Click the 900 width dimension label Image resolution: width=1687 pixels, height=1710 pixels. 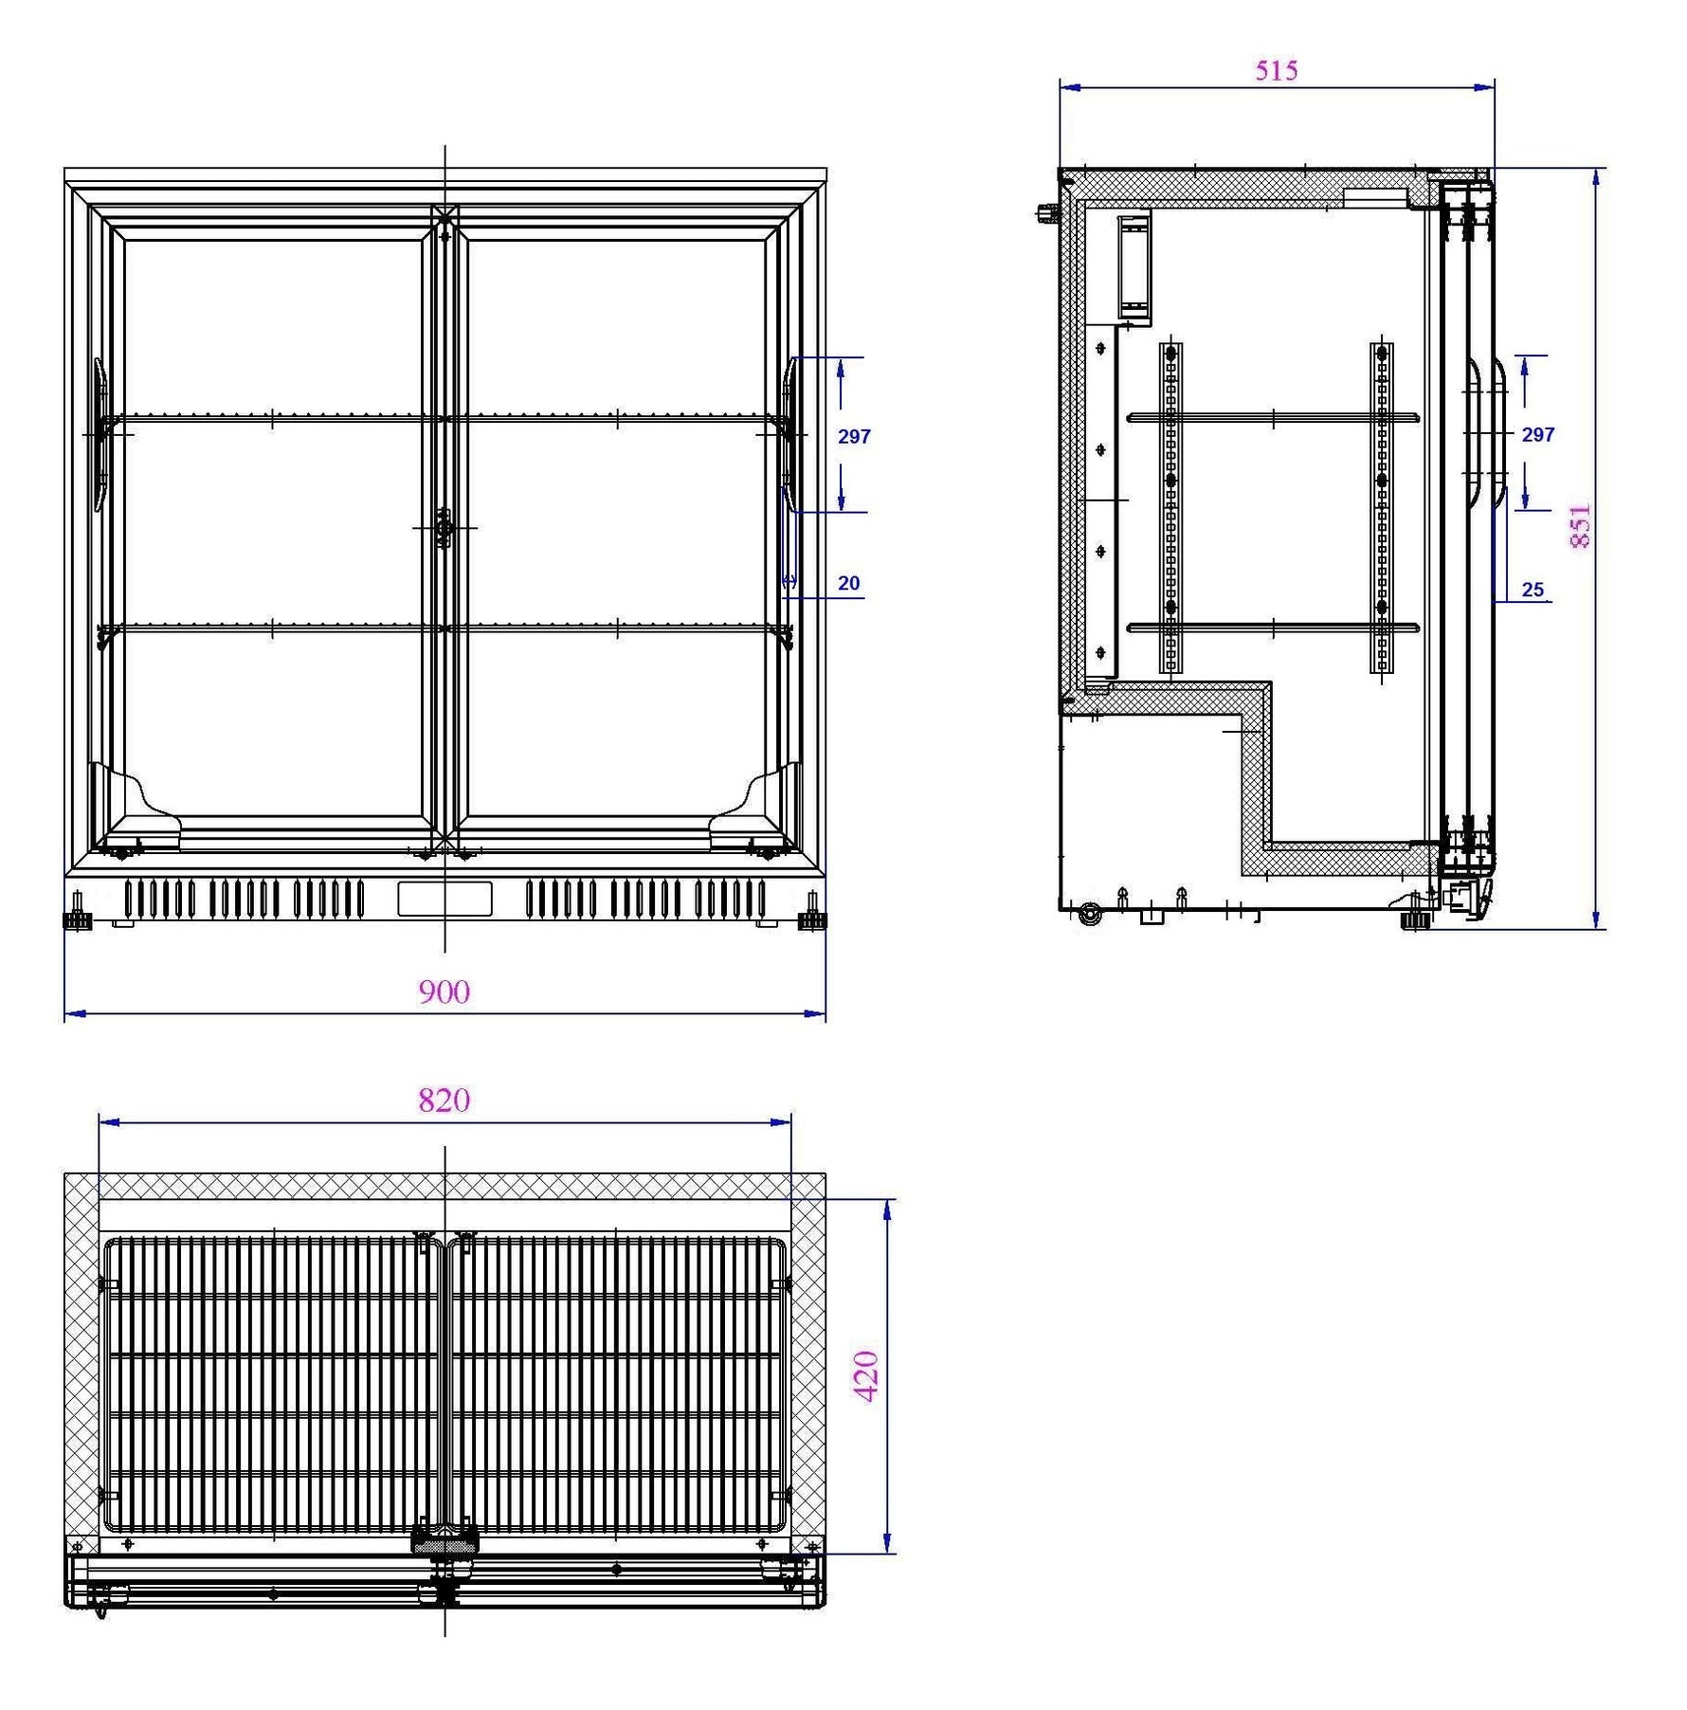point(444,991)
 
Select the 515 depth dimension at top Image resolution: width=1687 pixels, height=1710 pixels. point(1276,70)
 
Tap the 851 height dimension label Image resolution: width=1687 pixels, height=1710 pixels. point(1580,526)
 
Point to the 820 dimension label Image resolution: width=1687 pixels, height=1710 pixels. point(444,1101)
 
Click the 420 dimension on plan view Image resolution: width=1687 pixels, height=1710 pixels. point(866,1376)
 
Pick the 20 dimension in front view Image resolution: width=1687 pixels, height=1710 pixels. point(848,584)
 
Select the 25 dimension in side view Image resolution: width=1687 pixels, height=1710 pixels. point(1533,590)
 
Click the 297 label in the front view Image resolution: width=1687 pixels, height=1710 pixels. point(854,437)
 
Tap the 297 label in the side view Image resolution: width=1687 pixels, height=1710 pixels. point(1538,435)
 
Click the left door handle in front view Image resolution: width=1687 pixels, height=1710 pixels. point(100,435)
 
